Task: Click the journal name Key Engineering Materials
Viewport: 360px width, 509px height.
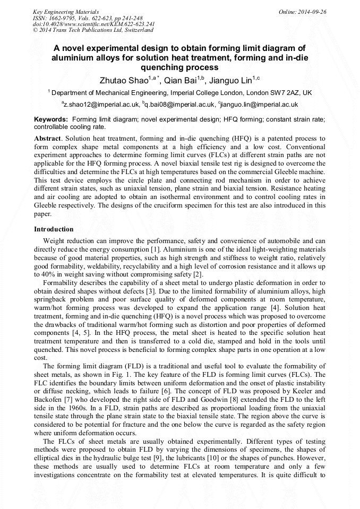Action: pos(66,11)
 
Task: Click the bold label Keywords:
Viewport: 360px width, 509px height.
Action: pos(51,119)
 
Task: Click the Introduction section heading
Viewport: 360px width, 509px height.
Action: pos(54,229)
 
